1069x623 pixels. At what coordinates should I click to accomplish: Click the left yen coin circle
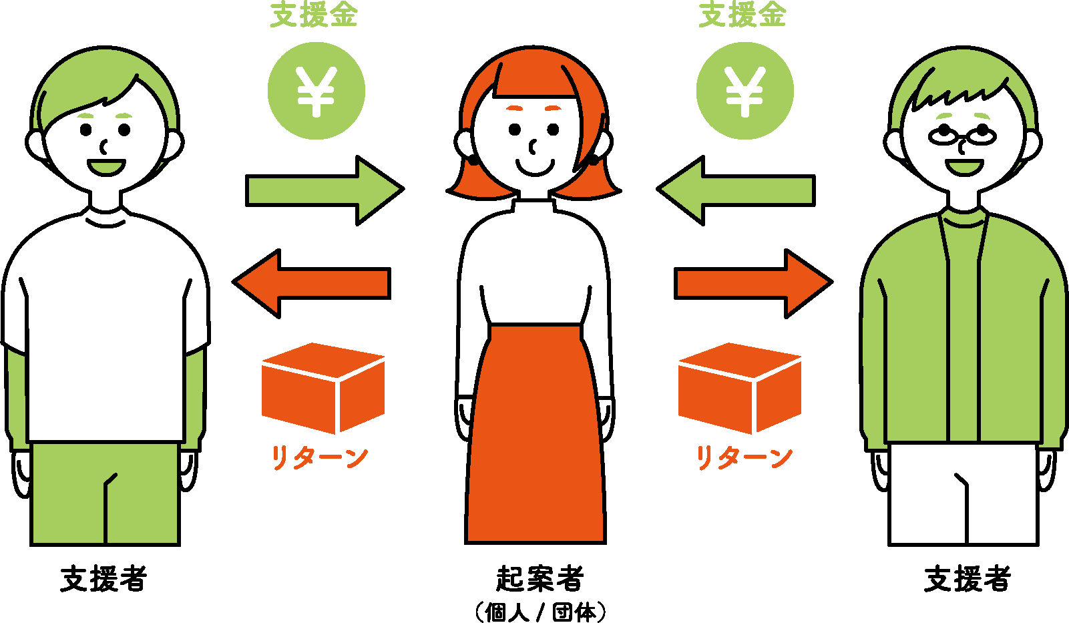coord(316,91)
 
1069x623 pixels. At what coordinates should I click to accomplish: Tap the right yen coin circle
coord(744,91)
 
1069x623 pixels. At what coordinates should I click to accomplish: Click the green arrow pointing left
coord(736,190)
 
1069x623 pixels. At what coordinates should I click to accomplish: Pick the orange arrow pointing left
coord(312,283)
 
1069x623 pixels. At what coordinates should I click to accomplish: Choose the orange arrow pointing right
coord(753,283)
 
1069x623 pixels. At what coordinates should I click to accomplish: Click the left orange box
coord(323,388)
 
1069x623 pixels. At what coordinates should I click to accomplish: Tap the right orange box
coord(739,388)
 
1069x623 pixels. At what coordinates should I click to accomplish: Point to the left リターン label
coord(319,458)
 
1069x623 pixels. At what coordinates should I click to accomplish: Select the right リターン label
coord(744,458)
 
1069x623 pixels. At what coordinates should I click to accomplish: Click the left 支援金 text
coord(313,15)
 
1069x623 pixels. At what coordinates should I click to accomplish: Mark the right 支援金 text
coord(742,15)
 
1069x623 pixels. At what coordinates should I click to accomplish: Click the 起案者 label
coord(540,578)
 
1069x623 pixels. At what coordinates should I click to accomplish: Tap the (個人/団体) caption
coord(540,612)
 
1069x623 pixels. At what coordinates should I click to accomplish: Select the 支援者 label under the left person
coord(103,578)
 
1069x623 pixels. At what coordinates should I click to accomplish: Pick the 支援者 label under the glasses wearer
coord(967,578)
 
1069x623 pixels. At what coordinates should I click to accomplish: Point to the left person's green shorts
coord(105,494)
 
